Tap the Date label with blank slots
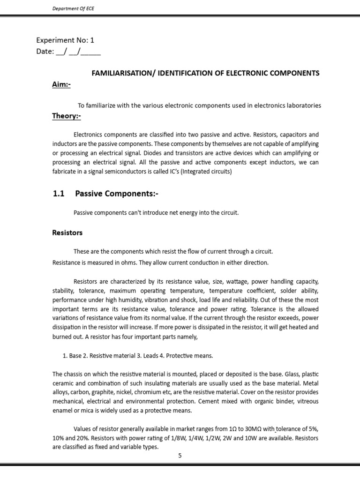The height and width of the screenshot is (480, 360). (68, 52)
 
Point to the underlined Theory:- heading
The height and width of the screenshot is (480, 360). (67, 116)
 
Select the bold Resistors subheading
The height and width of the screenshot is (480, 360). (67, 232)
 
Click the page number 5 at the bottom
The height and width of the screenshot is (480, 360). (180, 455)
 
